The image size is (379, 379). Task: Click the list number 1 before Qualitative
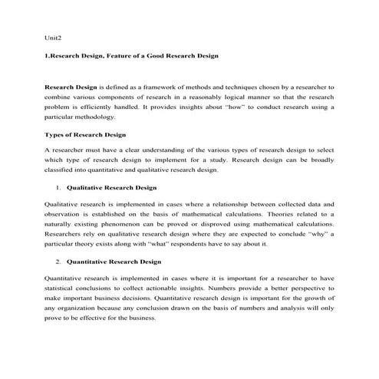click(x=58, y=187)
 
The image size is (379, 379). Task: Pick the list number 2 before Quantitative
click(x=58, y=262)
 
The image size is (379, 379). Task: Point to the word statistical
click(x=63, y=288)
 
